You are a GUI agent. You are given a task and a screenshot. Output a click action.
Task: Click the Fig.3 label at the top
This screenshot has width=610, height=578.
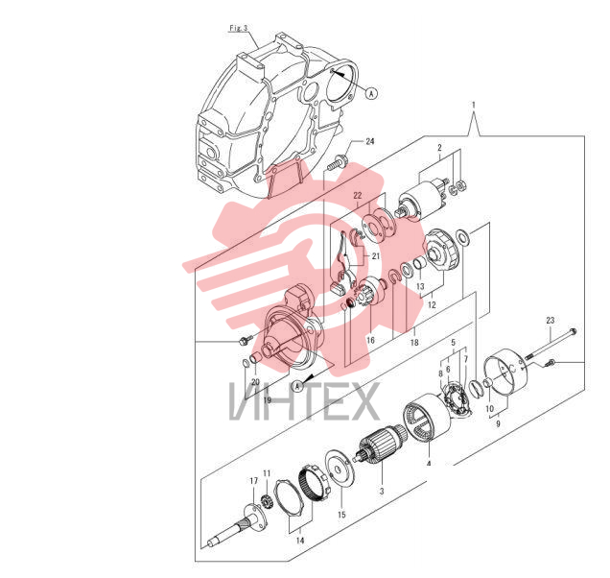[x=239, y=28]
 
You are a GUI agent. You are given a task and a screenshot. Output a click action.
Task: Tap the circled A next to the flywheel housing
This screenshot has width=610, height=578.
[x=372, y=93]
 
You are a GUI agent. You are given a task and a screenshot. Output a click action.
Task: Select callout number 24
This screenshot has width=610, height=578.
[x=369, y=141]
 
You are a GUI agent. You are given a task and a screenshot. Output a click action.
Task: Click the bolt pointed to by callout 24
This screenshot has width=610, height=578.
[x=337, y=163]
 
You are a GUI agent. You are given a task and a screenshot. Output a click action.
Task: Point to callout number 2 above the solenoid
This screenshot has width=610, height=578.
[x=439, y=148]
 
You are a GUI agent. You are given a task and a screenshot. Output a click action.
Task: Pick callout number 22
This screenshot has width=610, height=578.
[x=358, y=196]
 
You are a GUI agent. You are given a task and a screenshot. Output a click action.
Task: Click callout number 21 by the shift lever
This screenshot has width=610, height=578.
[x=375, y=256]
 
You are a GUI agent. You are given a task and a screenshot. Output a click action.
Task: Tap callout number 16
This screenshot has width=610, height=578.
[x=370, y=340]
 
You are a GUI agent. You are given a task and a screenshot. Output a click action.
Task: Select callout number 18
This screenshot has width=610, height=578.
[x=414, y=342]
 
